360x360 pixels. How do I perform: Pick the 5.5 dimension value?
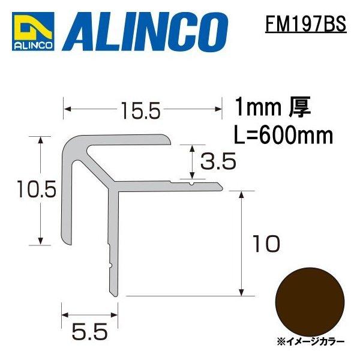tap(89, 331)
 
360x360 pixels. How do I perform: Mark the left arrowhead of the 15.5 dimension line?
tap(67, 109)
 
